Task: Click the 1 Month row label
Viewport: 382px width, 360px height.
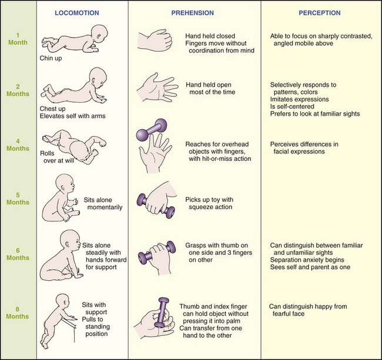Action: click(18, 38)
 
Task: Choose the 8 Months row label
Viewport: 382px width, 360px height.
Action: click(18, 314)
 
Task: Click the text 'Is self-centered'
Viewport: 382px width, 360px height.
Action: click(293, 106)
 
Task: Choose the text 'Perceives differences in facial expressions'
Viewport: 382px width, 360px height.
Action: click(306, 147)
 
